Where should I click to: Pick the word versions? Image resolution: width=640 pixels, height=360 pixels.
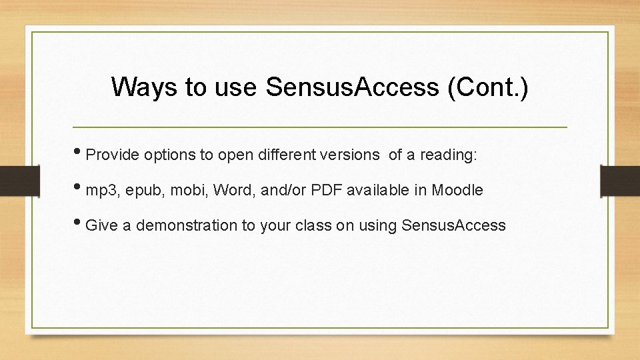(349, 155)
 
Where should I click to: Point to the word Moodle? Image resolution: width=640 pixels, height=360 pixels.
(457, 190)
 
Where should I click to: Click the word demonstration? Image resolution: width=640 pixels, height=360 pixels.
(186, 225)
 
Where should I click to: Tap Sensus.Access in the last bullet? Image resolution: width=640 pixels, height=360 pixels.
(454, 225)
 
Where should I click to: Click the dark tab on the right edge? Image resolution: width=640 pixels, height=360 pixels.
(619, 180)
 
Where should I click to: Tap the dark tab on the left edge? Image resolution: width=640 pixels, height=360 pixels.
(13, 180)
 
